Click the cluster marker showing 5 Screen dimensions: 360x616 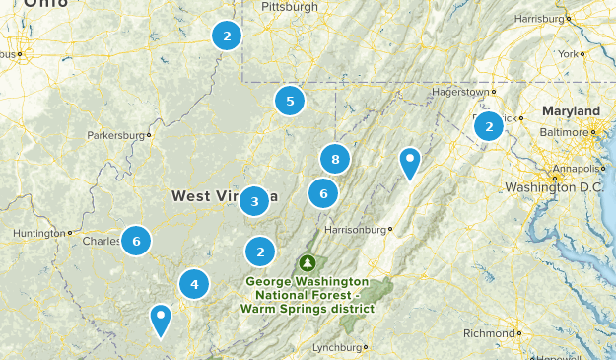point(290,101)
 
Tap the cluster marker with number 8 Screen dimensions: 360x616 point(336,158)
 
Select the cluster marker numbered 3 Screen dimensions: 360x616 point(254,201)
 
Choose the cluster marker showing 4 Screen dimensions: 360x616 point(194,285)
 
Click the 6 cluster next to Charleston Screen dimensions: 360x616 point(137,240)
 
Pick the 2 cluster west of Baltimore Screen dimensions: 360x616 point(488,126)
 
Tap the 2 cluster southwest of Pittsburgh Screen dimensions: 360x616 point(227,36)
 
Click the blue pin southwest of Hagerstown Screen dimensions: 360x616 point(410,161)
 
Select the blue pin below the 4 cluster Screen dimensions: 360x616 point(160,319)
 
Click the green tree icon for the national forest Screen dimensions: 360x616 point(308,263)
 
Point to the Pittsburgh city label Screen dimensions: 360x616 point(290,7)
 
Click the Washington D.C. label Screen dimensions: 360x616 point(552,187)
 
